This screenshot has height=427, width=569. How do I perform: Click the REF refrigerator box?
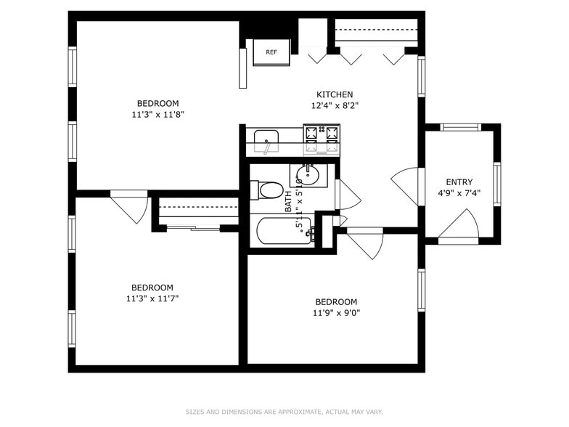tap(271, 52)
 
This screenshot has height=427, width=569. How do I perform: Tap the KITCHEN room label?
tap(335, 94)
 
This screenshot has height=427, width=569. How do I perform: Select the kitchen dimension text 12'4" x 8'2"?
tap(335, 105)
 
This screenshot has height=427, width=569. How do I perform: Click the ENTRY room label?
tap(459, 182)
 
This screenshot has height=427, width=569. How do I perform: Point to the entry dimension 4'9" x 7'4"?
tap(459, 193)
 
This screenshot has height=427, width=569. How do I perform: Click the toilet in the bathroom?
tap(266, 190)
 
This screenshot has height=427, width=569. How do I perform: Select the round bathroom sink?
tap(308, 174)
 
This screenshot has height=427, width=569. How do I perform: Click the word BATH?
tap(288, 201)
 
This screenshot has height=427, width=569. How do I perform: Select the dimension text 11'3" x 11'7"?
tap(152, 298)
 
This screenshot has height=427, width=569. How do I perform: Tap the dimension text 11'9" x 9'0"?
tap(336, 313)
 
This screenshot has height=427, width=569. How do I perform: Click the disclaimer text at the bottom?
tap(284, 412)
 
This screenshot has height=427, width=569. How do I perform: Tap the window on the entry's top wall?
tap(461, 127)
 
